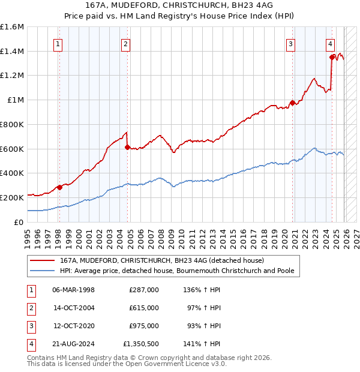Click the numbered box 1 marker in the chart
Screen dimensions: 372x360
(x=58, y=43)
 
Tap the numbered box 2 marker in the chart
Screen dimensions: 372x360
(x=125, y=43)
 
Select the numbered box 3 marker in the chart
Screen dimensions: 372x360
(x=290, y=43)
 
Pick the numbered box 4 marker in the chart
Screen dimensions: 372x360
(x=331, y=43)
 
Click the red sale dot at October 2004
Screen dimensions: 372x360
(x=127, y=146)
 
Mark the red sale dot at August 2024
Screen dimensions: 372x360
(x=332, y=58)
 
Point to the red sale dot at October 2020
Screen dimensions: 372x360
(x=292, y=103)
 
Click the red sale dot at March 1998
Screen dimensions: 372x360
(x=59, y=187)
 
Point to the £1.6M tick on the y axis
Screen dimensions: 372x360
(x=12, y=27)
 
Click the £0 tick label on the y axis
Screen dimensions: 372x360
(x=19, y=222)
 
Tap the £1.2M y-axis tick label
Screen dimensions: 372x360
(x=12, y=76)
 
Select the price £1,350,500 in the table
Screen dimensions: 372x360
(x=141, y=344)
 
